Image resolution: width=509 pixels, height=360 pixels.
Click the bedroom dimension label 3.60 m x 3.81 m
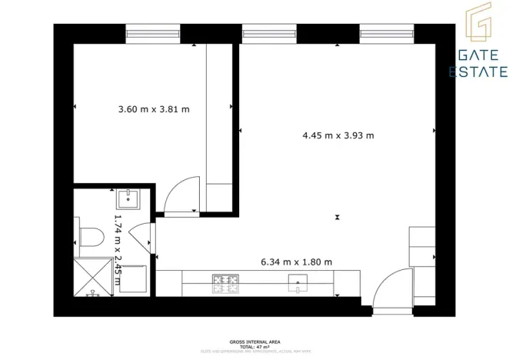click(x=154, y=110)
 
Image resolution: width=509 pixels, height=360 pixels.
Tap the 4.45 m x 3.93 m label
click(x=338, y=136)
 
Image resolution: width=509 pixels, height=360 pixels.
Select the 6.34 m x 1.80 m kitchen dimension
click(x=296, y=262)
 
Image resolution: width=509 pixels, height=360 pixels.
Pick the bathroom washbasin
click(x=127, y=199)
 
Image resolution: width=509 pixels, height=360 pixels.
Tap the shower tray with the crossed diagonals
click(x=93, y=278)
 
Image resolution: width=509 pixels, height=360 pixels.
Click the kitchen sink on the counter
click(x=299, y=284)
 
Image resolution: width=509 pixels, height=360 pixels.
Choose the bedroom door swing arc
click(x=182, y=196)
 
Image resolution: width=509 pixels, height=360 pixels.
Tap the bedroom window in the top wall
click(x=153, y=33)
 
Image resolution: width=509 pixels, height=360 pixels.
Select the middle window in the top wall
click(x=269, y=33)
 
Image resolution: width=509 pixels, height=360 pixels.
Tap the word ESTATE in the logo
click(x=478, y=72)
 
